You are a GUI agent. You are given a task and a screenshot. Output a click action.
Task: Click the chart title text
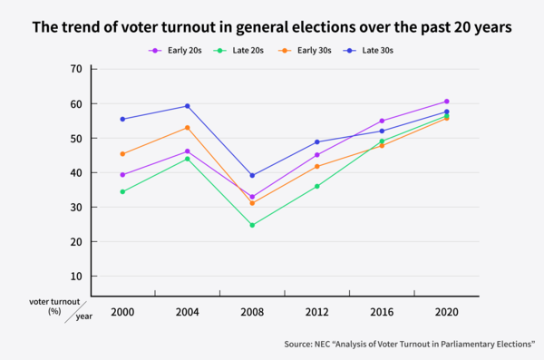tap(272, 27)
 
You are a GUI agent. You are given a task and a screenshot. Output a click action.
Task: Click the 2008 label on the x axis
tap(252, 312)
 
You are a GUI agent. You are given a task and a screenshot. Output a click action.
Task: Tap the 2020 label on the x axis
tap(447, 312)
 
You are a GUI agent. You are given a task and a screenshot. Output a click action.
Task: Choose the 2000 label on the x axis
tap(122, 312)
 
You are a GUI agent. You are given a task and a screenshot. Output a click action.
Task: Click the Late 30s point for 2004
tap(187, 106)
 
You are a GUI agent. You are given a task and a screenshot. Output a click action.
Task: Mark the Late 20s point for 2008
tap(252, 225)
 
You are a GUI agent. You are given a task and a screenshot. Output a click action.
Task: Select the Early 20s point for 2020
tap(447, 102)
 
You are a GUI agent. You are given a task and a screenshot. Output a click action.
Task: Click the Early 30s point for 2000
tap(122, 154)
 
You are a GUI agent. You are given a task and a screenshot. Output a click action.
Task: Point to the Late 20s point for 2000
tap(122, 191)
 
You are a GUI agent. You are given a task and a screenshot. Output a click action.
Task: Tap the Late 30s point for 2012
tap(317, 141)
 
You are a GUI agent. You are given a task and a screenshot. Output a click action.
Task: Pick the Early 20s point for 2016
tap(382, 121)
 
